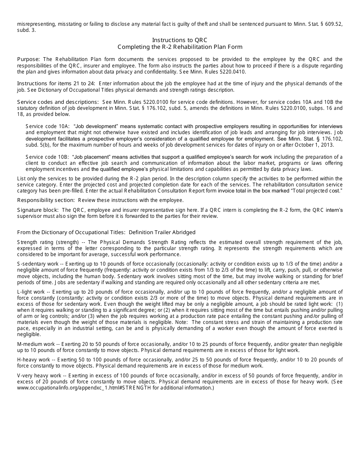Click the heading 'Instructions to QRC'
pyautogui.click(x=180, y=40)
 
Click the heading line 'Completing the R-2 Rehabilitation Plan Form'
pyautogui.click(x=180, y=47)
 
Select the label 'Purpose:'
pyautogui.click(x=28, y=59)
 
